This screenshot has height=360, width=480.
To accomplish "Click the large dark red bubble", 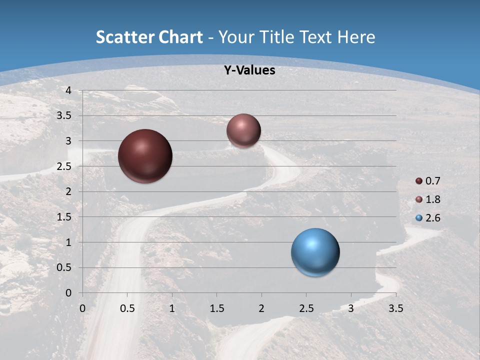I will point(145,156).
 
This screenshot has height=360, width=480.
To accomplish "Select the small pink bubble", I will point(243,130).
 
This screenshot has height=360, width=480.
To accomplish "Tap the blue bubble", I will point(315,252).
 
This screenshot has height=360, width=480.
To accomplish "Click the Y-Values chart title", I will point(249,70).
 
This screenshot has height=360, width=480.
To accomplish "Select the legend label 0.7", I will point(432,181).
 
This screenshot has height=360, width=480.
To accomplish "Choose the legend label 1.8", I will point(432,199).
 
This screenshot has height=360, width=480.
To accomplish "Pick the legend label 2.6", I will point(432,218).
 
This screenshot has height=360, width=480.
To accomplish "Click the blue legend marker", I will point(419,218).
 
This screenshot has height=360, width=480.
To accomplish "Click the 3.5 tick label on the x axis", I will point(395,308).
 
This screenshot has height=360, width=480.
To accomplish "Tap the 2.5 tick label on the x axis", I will point(306,308).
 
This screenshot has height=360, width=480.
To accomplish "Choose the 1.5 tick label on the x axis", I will point(216,308).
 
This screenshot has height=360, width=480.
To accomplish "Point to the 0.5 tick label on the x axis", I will point(127,308).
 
